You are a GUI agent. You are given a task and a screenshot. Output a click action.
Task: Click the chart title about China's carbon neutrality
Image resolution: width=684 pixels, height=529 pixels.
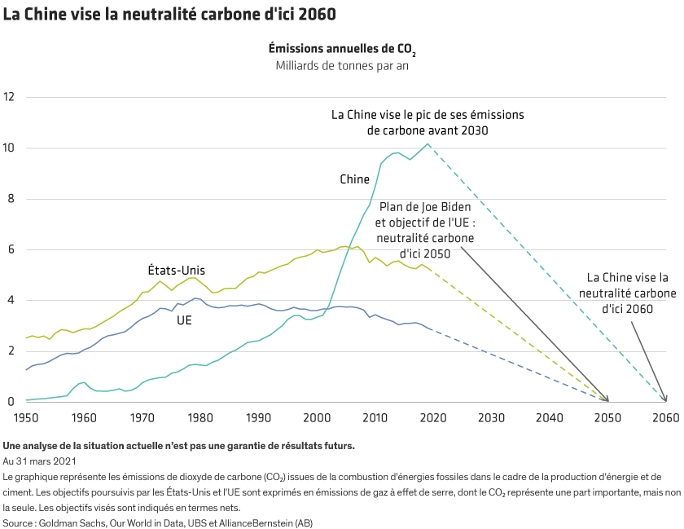click(169, 15)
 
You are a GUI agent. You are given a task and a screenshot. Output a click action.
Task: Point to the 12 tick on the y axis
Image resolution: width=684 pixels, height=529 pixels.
click(10, 97)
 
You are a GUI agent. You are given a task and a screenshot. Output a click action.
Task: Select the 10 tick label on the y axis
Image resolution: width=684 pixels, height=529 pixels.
click(10, 148)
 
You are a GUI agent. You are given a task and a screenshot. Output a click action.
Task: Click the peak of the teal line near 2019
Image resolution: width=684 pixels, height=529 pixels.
click(427, 144)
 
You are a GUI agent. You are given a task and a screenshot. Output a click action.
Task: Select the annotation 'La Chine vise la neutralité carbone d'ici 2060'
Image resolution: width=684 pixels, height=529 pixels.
click(627, 293)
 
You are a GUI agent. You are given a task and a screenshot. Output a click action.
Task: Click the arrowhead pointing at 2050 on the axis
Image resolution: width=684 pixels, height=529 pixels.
click(607, 399)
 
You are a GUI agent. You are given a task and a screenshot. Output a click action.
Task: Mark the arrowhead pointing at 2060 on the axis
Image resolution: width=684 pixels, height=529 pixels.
click(665, 399)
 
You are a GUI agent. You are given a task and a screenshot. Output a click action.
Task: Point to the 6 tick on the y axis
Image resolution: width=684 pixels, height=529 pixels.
click(11, 249)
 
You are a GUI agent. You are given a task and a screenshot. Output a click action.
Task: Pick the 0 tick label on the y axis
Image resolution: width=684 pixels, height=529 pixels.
click(11, 401)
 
